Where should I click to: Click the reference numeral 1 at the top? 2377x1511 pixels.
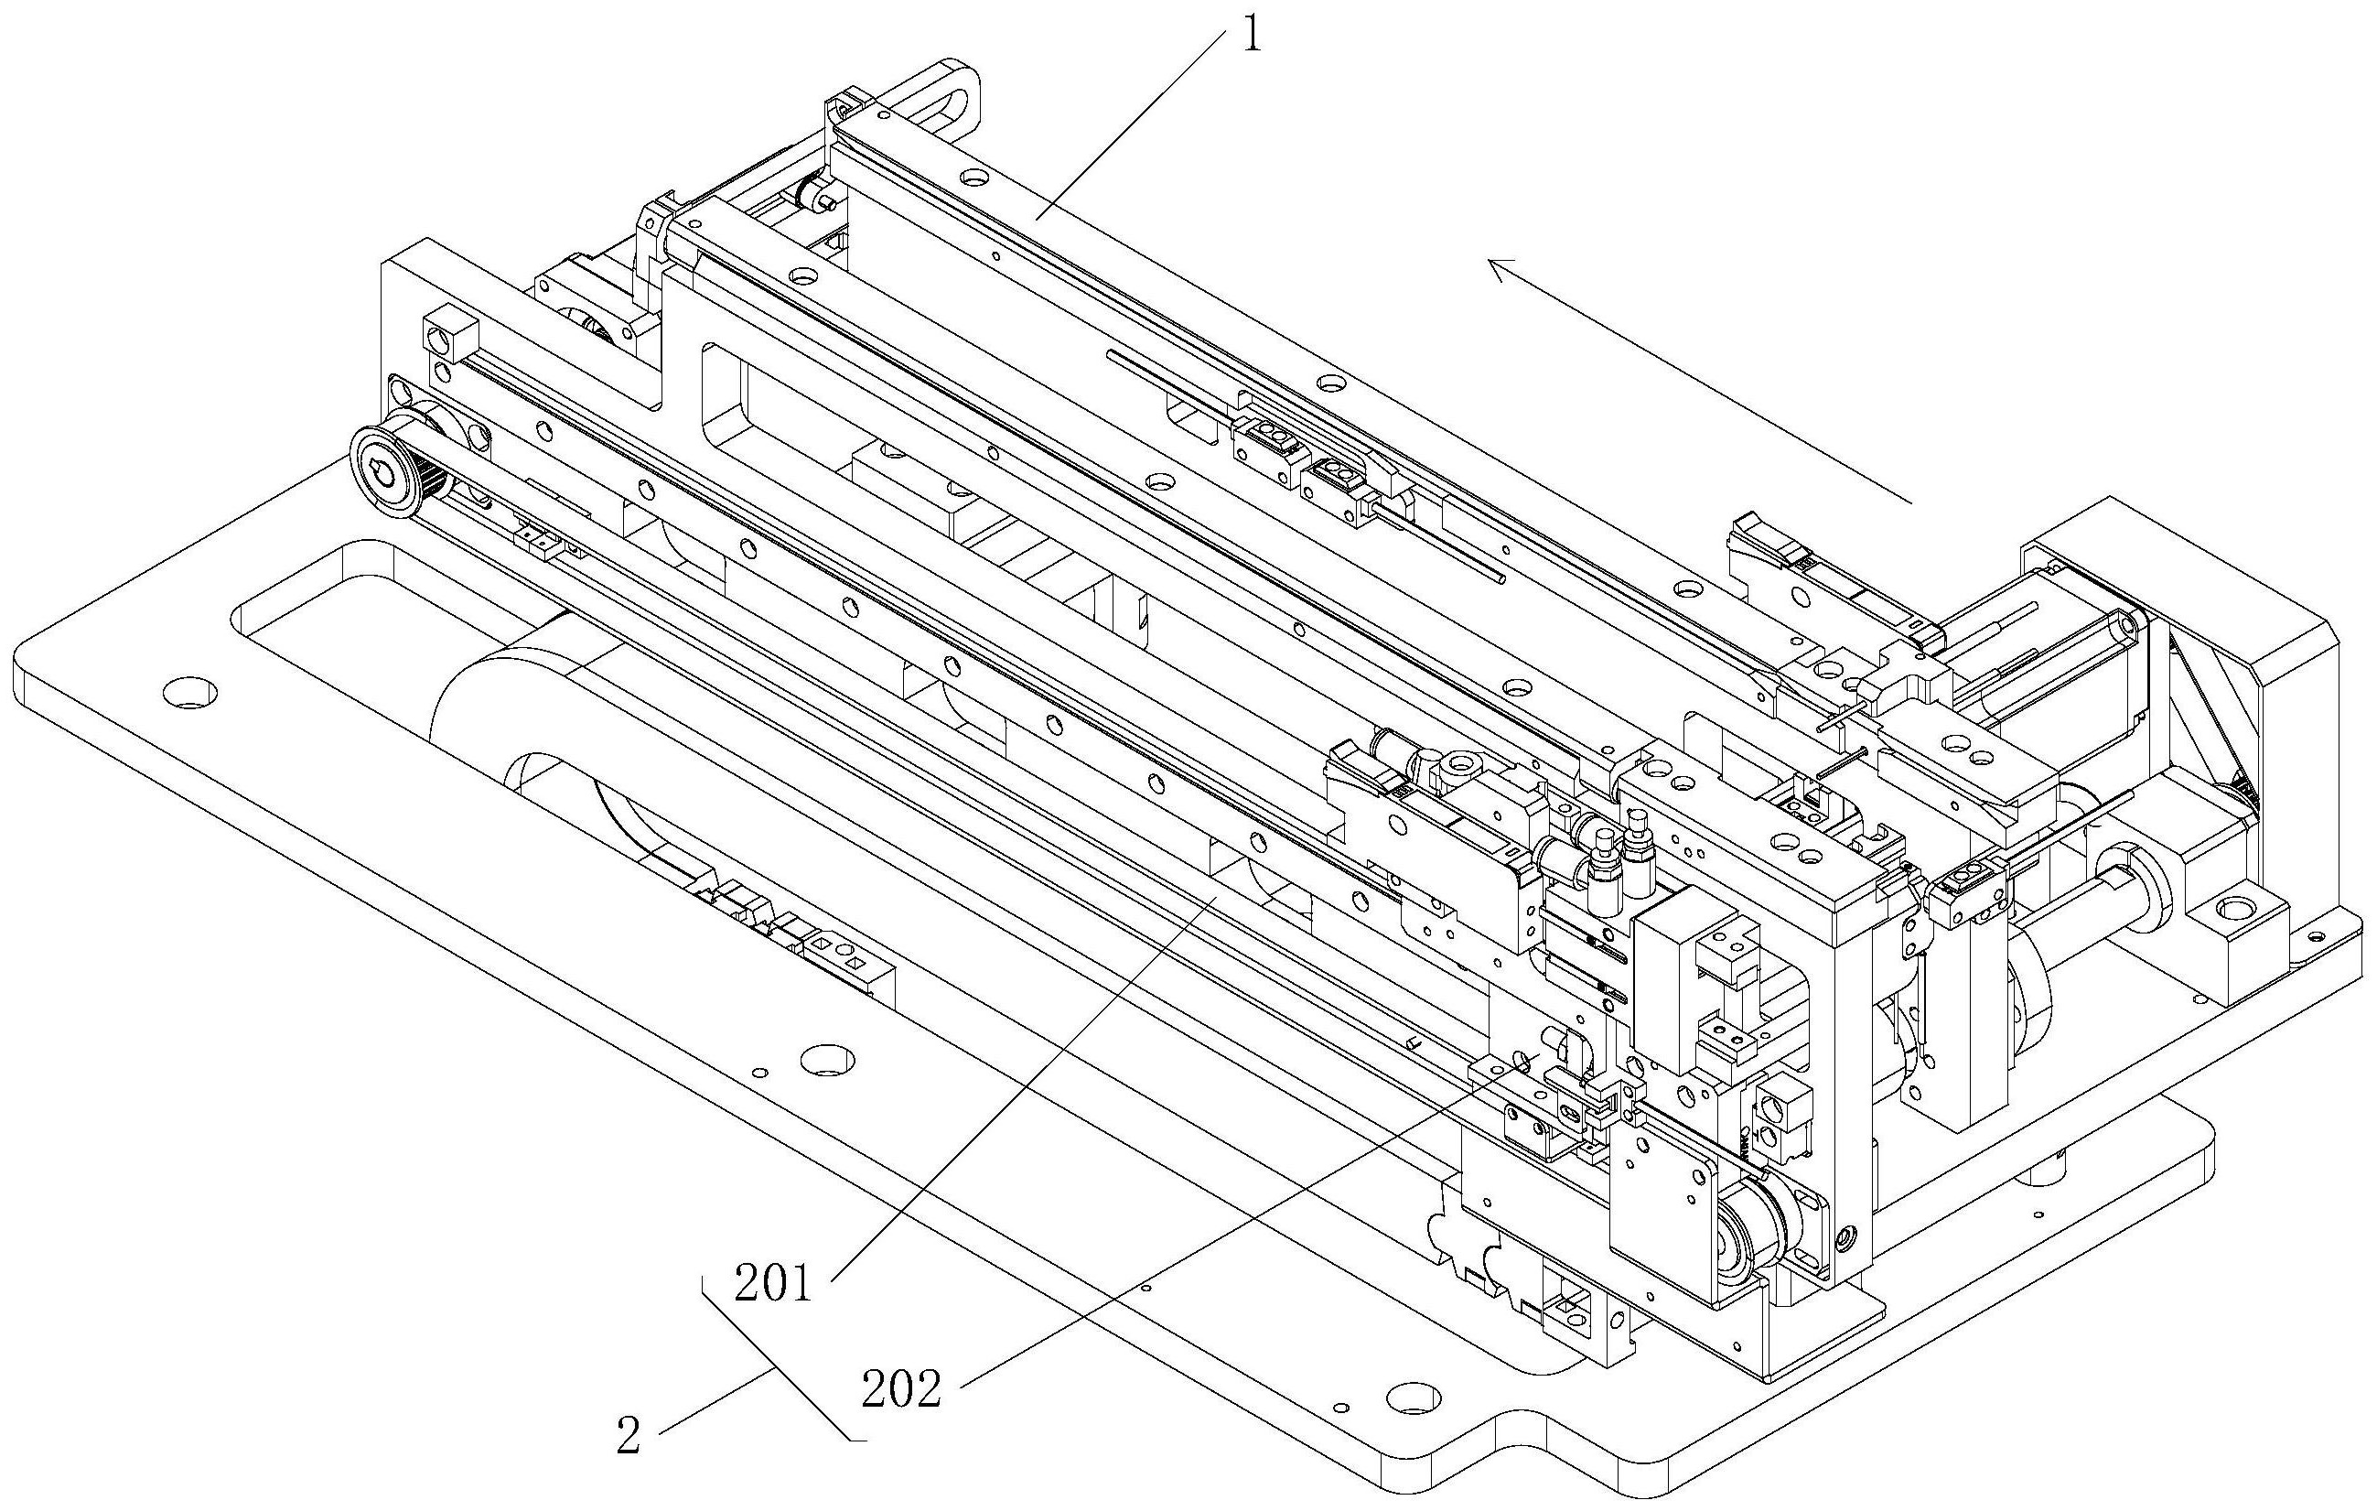click(1251, 36)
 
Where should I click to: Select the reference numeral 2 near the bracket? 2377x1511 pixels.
click(629, 1436)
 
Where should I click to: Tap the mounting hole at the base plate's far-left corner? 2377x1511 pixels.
click(188, 690)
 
